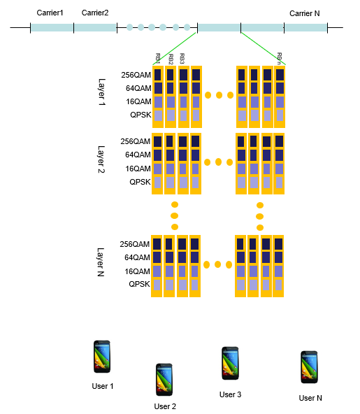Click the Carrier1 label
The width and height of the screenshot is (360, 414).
pos(50,13)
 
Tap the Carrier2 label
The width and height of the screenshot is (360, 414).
pos(95,13)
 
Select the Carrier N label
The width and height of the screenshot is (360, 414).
pos(305,13)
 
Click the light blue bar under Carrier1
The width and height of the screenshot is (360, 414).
pos(52,27)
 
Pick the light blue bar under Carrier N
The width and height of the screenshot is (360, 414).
pos(305,27)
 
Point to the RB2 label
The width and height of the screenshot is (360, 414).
pos(171,59)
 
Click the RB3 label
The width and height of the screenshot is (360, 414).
pos(182,59)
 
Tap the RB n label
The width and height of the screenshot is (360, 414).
pos(279,58)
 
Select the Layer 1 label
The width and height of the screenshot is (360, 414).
pos(101,92)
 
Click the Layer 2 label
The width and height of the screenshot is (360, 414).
pos(101,159)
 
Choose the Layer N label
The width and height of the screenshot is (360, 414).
pos(101,262)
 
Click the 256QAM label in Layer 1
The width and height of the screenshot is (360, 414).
pos(136,75)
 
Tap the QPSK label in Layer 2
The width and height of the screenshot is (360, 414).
pos(140,182)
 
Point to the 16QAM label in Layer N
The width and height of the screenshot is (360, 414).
pos(137,271)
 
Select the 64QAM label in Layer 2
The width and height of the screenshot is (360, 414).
pos(138,155)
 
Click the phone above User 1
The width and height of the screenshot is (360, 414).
pos(102,357)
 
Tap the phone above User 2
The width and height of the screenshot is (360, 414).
pos(164,380)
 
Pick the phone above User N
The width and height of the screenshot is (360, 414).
pos(310,367)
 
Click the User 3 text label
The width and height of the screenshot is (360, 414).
pos(231,394)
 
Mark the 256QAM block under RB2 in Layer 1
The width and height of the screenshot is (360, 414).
pos(171,75)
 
